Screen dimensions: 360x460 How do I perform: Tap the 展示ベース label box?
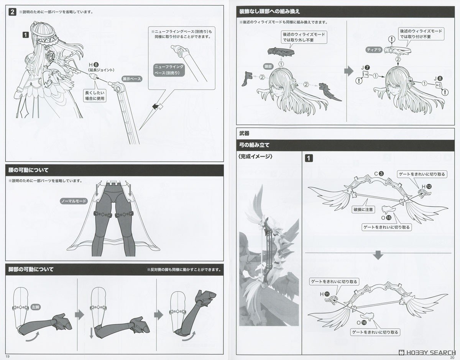pyautogui.click(x=131, y=79)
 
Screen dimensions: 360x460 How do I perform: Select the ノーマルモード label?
pyautogui.click(x=74, y=201)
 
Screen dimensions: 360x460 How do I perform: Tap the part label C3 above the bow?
pyautogui.click(x=379, y=174)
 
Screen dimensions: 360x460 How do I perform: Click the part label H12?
pyautogui.click(x=426, y=186)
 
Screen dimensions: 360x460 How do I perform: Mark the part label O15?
pyautogui.click(x=386, y=218)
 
